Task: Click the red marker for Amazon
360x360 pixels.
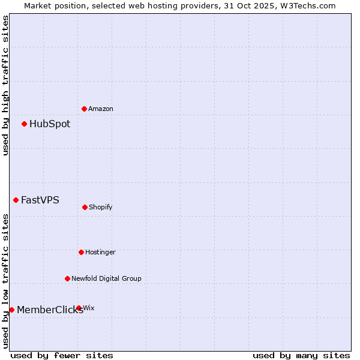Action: pyautogui.click(x=85, y=109)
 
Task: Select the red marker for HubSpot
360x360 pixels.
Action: pyautogui.click(x=25, y=124)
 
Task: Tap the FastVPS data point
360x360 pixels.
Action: pyautogui.click(x=16, y=200)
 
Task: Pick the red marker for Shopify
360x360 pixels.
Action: pyautogui.click(x=85, y=207)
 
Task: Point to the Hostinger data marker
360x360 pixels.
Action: pyautogui.click(x=82, y=252)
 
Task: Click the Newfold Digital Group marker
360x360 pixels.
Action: pyautogui.click(x=68, y=278)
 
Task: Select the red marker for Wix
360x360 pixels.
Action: pyautogui.click(x=79, y=308)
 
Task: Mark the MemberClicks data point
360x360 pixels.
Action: pyautogui.click(x=12, y=310)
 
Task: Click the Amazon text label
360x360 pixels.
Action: pyautogui.click(x=101, y=109)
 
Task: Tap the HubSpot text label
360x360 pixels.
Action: pyautogui.click(x=50, y=124)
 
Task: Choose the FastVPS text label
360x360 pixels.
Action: pyautogui.click(x=40, y=200)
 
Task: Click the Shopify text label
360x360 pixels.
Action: pyautogui.click(x=101, y=207)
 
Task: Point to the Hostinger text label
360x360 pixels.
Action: pyautogui.click(x=100, y=252)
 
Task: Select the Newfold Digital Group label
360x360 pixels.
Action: pyautogui.click(x=107, y=278)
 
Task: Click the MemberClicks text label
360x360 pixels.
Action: pyautogui.click(x=50, y=310)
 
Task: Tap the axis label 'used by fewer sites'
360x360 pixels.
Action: pyautogui.click(x=62, y=355)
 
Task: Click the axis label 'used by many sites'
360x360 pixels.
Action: pyautogui.click(x=301, y=355)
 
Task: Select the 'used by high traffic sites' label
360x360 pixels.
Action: pyautogui.click(x=5, y=85)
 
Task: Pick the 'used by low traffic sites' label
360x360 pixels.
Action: pyautogui.click(x=5, y=281)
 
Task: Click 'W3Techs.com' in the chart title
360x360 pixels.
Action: pyautogui.click(x=308, y=5)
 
